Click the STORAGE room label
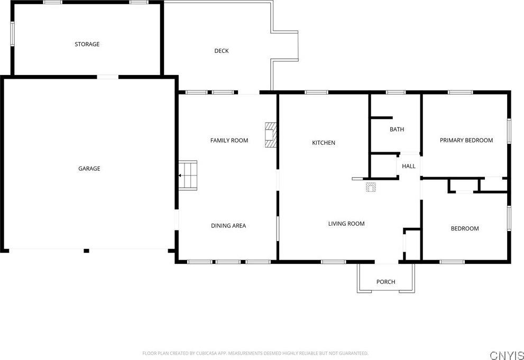click(x=87, y=44)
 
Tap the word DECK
click(x=221, y=51)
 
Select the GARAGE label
click(x=89, y=169)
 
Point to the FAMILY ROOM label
click(x=229, y=141)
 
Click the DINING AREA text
click(x=228, y=226)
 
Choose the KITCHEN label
click(x=324, y=143)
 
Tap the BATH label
click(x=397, y=129)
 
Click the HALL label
click(x=409, y=167)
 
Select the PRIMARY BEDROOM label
click(x=466, y=140)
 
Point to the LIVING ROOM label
click(x=346, y=224)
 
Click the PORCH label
click(x=385, y=282)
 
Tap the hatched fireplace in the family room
click(x=271, y=135)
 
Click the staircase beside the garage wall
click(x=188, y=176)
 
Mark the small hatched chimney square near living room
click(x=371, y=187)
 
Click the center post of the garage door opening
click(x=86, y=251)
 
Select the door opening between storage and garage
click(x=108, y=77)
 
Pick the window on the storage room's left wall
click(x=12, y=34)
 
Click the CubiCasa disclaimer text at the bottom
click(x=255, y=353)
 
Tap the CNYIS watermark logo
click(x=507, y=355)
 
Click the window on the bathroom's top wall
click(x=396, y=93)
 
